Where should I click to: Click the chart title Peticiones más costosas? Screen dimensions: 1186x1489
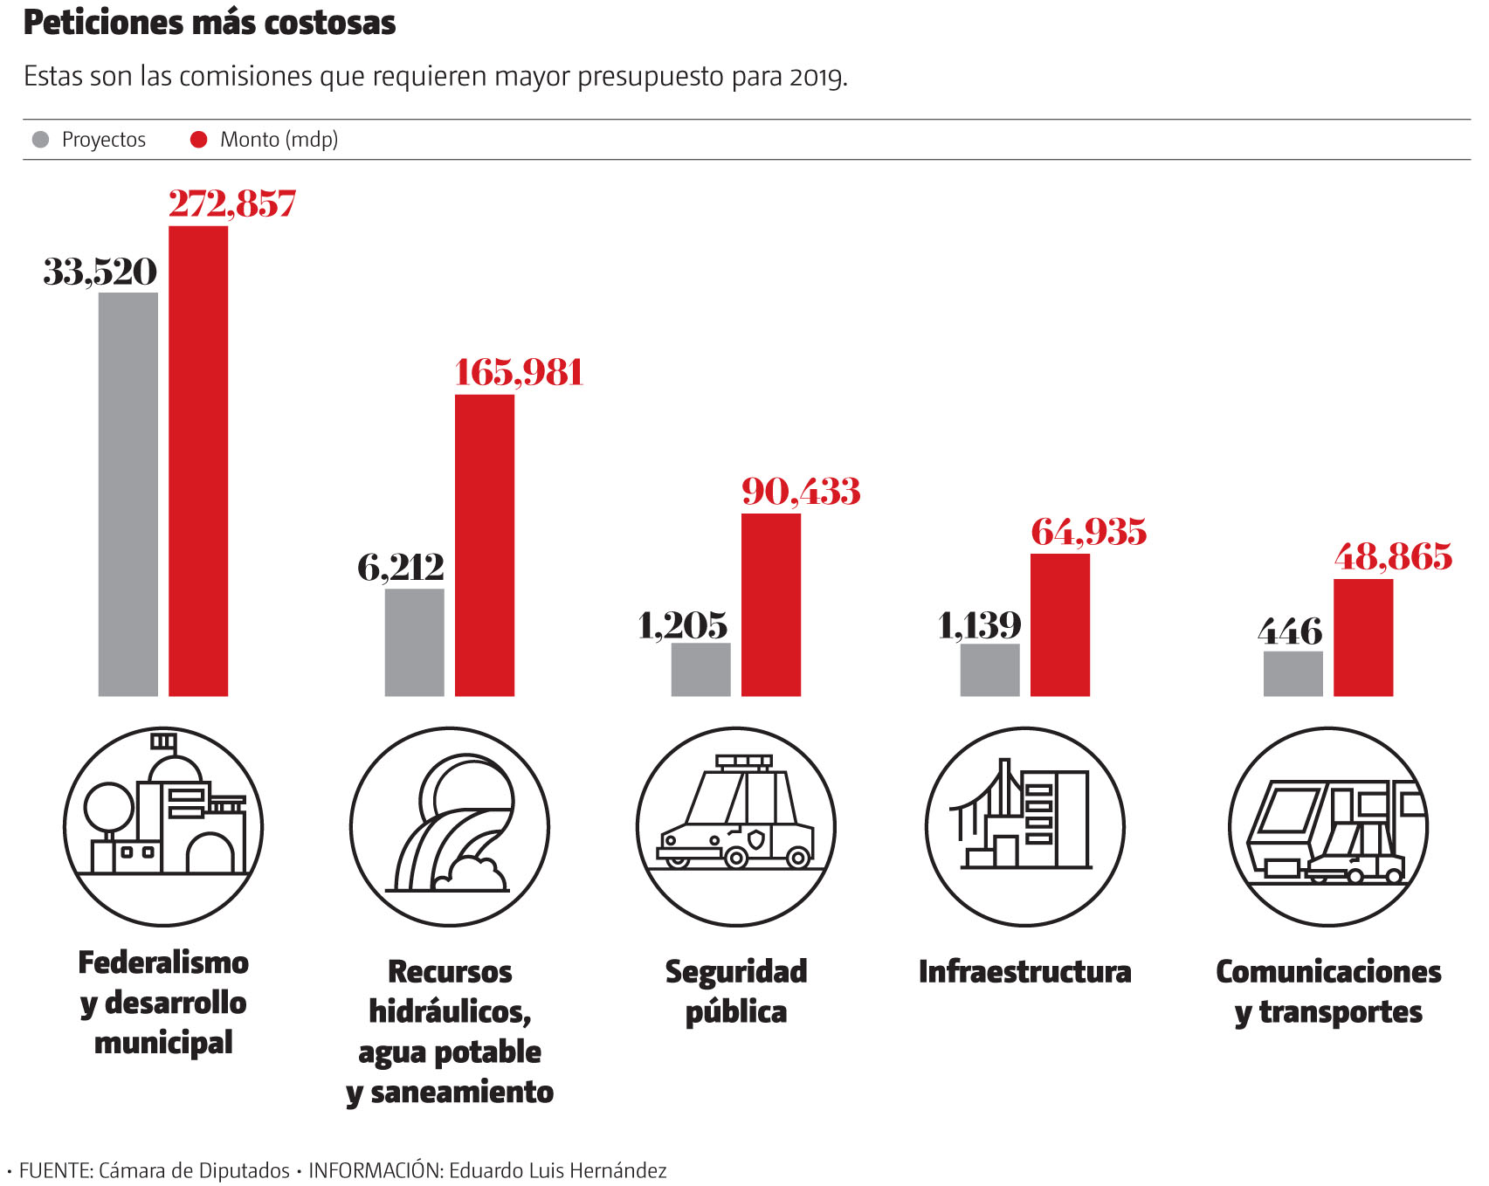click(210, 23)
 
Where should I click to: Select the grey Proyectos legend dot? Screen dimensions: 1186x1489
click(40, 140)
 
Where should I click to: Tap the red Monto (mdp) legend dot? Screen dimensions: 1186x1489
click(199, 140)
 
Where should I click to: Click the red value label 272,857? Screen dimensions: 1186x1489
click(232, 203)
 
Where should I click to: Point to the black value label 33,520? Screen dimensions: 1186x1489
click(100, 272)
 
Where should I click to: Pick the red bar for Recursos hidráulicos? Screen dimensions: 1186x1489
click(485, 545)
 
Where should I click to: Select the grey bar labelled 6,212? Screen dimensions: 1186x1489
click(415, 642)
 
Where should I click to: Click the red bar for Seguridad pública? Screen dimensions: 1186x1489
click(771, 604)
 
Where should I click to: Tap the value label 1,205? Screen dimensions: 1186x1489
click(683, 625)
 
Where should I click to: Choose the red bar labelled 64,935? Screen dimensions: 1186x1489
click(1060, 624)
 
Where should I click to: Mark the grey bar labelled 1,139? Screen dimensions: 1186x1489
click(990, 670)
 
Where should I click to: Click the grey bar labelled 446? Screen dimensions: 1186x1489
click(1293, 673)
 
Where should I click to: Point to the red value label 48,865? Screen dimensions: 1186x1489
click(1393, 556)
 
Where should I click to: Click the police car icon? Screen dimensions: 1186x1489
click(736, 826)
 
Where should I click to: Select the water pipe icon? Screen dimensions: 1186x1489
click(450, 826)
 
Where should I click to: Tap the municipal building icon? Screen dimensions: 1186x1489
click(163, 826)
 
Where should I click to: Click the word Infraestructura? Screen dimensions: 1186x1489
click(1025, 971)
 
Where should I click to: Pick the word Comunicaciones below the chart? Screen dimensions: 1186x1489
click(1328, 971)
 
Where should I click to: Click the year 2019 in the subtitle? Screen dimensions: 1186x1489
click(817, 78)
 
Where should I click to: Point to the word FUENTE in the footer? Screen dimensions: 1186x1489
click(55, 1170)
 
